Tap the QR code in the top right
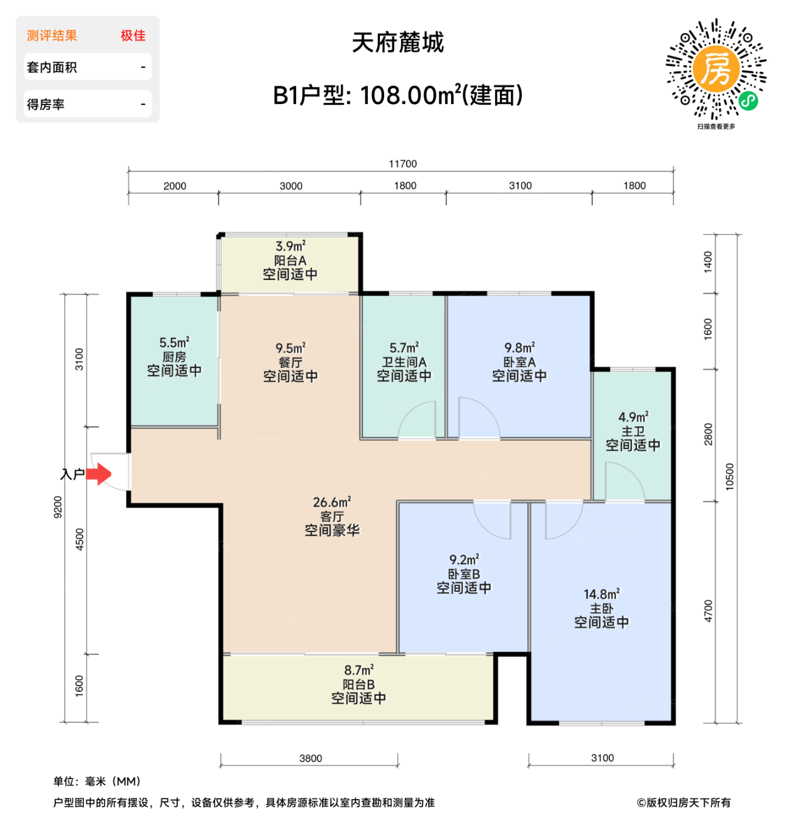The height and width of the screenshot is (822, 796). coord(716,70)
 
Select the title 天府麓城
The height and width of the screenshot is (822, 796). coord(398,43)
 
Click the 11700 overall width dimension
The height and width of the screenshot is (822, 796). coord(402,164)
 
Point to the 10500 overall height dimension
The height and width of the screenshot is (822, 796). coord(730,477)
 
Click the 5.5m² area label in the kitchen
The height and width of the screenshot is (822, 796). coord(174,342)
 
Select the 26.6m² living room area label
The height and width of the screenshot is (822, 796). coord(332,502)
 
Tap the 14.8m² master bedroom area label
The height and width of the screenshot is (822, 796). coord(602,594)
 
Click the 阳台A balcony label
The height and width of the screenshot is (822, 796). coord(290,260)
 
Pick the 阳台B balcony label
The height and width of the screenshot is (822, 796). coord(358,684)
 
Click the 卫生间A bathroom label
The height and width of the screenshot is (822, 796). coord(404,362)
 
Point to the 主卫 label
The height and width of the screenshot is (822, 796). coord(633,431)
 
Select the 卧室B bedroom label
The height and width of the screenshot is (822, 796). coord(464,574)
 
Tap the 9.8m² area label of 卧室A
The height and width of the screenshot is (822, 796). coord(519,348)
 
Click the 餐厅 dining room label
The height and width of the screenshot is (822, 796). coord(290,362)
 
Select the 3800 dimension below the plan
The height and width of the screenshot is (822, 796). coord(310,758)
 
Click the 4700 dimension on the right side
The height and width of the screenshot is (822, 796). coord(708,611)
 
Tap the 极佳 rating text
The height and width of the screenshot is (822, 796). coord(133,36)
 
